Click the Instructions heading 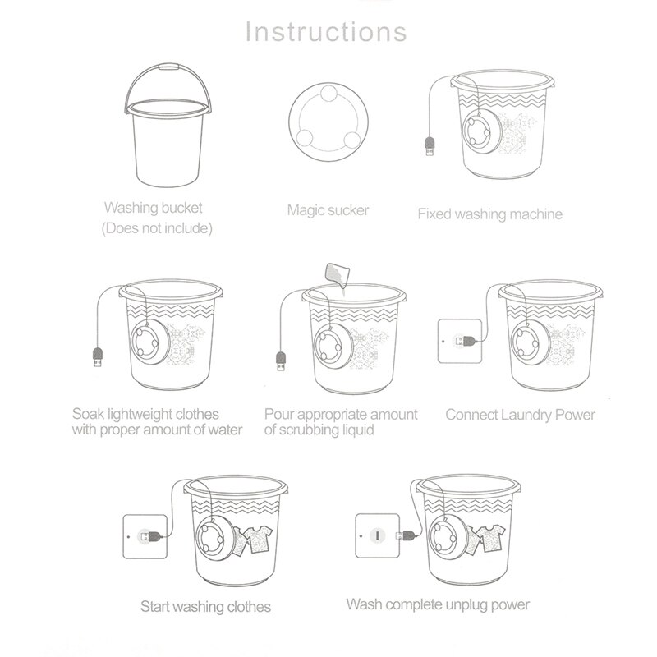coord(327,32)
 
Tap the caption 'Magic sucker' coord(328,210)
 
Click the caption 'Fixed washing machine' coord(489,214)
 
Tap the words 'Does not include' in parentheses coord(157,228)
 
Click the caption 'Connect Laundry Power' coord(520,415)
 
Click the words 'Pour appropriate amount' coord(341,414)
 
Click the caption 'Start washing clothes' coord(205,608)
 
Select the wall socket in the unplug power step coord(377,535)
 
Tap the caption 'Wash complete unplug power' coord(438,604)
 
